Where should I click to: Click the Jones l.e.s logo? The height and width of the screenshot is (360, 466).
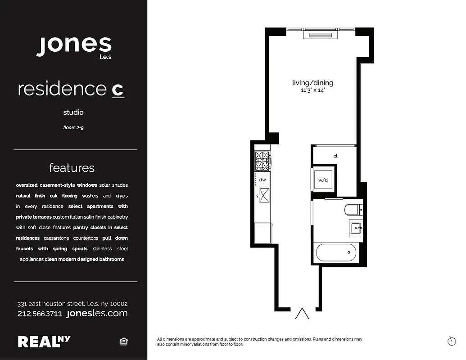[74, 45]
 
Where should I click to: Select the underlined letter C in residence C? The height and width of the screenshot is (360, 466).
[118, 89]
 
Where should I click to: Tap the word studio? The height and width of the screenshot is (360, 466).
[73, 112]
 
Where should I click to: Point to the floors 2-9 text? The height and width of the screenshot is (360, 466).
[73, 127]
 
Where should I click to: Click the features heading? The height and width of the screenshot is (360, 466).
[72, 168]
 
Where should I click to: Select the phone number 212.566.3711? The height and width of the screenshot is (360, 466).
[40, 314]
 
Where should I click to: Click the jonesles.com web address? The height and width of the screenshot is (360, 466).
[97, 313]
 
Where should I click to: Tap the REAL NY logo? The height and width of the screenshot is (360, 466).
[44, 341]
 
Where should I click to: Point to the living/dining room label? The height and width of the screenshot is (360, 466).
[313, 83]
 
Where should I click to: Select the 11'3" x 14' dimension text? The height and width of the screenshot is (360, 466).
[313, 90]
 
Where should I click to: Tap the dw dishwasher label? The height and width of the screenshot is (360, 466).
[262, 180]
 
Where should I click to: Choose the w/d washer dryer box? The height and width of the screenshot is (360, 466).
[324, 180]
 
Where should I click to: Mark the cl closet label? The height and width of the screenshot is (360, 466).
[335, 156]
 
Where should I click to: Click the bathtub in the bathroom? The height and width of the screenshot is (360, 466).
[336, 252]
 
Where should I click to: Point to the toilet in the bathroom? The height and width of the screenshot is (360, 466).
[352, 210]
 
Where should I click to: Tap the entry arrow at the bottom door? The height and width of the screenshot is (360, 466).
[302, 313]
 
